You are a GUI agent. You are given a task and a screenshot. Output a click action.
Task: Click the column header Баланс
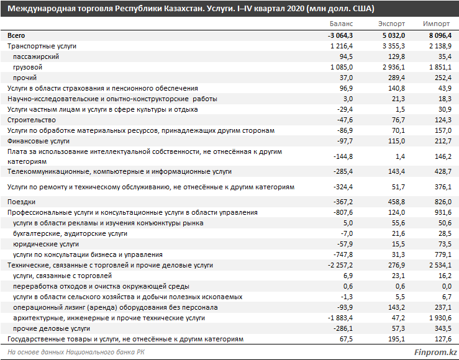[x=341, y=24]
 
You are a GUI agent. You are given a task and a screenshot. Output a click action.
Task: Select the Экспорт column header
[x=391, y=24]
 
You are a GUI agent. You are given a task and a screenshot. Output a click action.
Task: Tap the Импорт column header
[x=436, y=24]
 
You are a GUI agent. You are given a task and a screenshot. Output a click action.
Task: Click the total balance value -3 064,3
[x=340, y=35]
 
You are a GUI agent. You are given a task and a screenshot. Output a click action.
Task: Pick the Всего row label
[x=16, y=35]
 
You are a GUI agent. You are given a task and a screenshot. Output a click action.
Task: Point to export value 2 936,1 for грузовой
[x=394, y=67]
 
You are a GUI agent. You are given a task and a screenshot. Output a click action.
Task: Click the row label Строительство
[x=32, y=120]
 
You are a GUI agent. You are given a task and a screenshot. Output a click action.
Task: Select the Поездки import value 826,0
[x=443, y=202]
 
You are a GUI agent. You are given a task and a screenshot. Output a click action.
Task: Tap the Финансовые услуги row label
[x=39, y=141]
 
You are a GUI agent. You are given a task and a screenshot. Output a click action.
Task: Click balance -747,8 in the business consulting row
[x=343, y=254]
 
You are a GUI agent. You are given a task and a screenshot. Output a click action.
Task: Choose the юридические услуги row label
[x=46, y=244]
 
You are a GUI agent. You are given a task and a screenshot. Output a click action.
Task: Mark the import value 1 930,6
[x=440, y=318]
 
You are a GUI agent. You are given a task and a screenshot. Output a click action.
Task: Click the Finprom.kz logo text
[x=435, y=352]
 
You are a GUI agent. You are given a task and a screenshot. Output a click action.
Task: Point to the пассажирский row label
[x=36, y=56]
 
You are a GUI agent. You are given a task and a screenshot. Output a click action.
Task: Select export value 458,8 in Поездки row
[x=397, y=202]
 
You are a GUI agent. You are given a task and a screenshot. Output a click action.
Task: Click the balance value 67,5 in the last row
[x=347, y=340]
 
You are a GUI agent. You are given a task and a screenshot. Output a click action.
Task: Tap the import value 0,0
[x=447, y=286]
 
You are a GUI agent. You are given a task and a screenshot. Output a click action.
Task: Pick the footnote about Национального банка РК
[x=76, y=352]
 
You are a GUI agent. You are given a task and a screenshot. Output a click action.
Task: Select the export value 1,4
[x=401, y=156]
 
